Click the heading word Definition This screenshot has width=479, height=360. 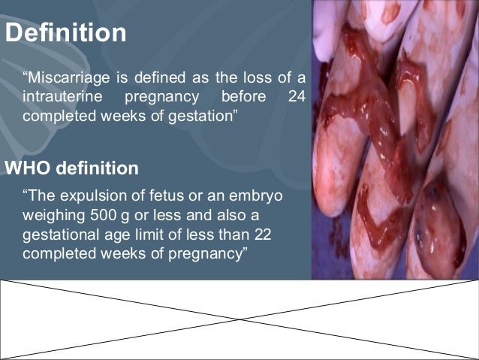(65, 34)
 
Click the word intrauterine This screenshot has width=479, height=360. (59, 98)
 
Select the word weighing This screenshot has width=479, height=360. (53, 216)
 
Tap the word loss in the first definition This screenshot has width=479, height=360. (259, 77)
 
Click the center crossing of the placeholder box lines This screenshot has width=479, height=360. (239, 319)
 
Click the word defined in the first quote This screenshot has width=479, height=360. (149, 77)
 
